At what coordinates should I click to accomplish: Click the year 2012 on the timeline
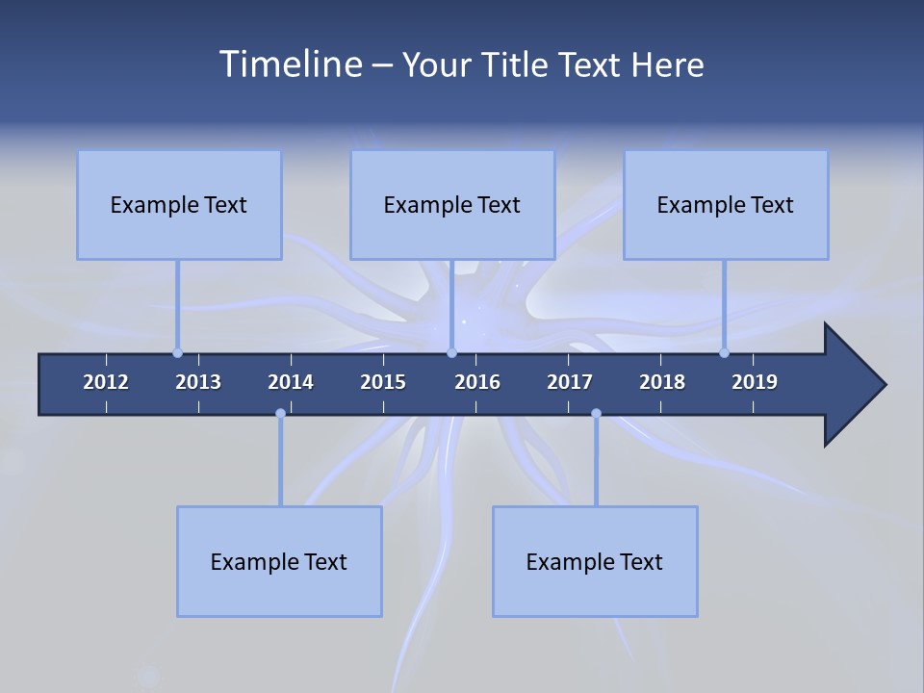click(x=106, y=382)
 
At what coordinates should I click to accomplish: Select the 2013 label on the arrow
click(x=198, y=382)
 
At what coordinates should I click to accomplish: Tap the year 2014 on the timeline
click(x=291, y=382)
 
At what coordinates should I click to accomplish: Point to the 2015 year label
click(x=383, y=382)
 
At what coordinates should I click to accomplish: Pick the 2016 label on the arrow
click(x=477, y=382)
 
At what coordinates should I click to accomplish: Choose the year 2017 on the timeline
click(x=570, y=382)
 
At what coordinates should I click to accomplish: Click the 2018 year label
click(x=662, y=382)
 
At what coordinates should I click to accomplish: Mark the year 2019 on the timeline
click(x=755, y=382)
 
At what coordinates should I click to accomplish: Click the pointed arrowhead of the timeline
click(x=857, y=385)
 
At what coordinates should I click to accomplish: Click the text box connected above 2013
click(x=179, y=204)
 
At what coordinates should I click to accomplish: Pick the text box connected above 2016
click(x=452, y=204)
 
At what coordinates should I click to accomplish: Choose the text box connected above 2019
click(x=726, y=204)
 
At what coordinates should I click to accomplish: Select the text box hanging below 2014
click(x=279, y=561)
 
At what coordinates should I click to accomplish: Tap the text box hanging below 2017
click(x=595, y=561)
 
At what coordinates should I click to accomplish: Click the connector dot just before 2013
click(x=177, y=352)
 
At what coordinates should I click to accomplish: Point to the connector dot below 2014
click(x=280, y=413)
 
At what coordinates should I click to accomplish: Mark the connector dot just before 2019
click(x=724, y=352)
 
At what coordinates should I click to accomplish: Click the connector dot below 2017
click(x=596, y=413)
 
